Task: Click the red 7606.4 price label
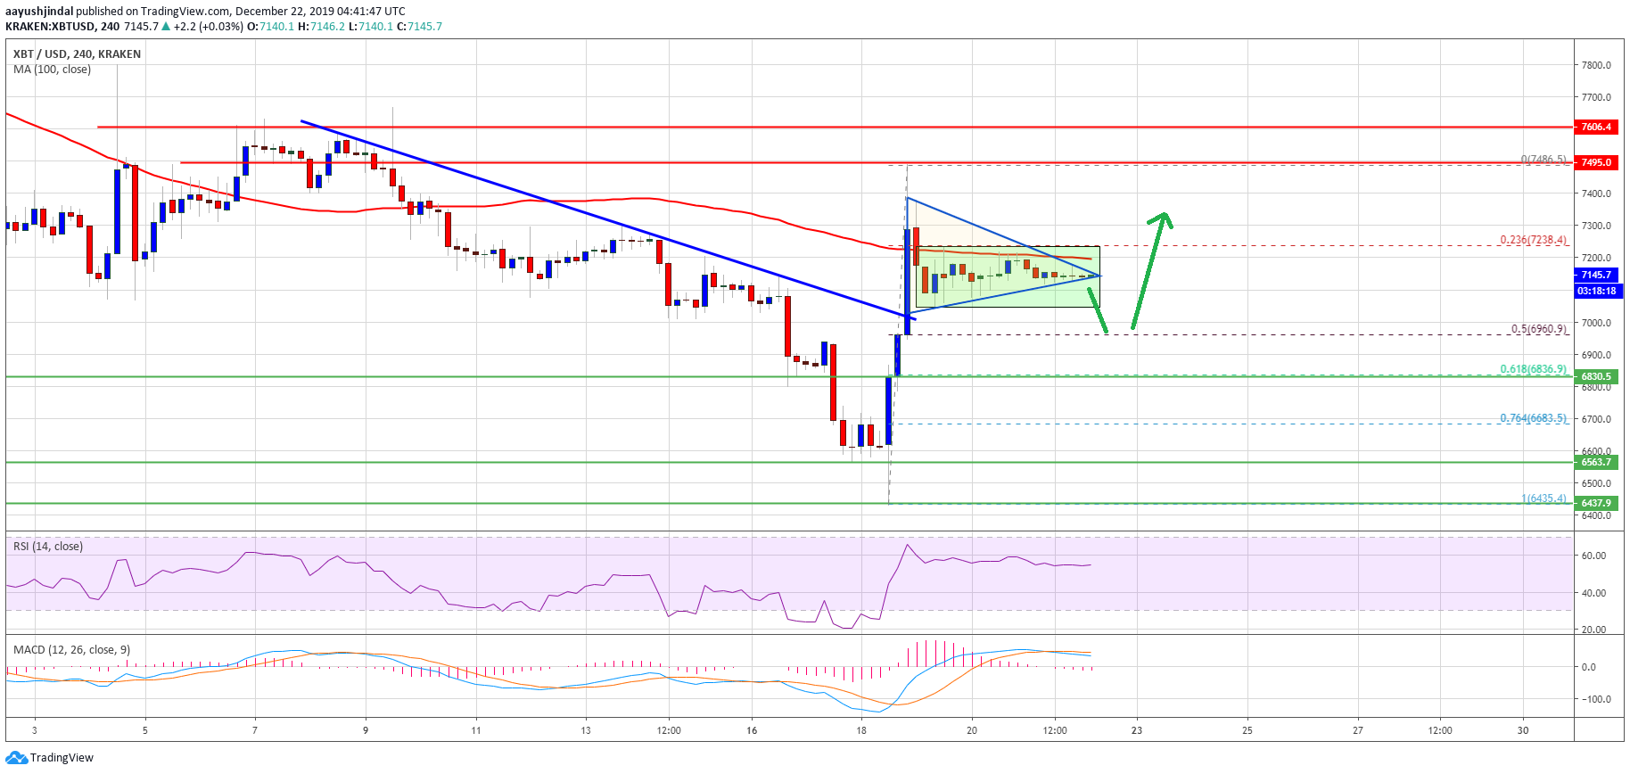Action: pos(1596,127)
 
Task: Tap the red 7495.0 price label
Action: pos(1596,162)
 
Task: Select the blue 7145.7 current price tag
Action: pos(1596,275)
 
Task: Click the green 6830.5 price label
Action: pos(1596,376)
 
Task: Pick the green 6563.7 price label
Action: pos(1596,462)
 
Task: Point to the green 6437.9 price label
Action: pos(1596,503)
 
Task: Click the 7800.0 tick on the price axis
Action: pos(1595,65)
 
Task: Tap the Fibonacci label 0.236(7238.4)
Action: pos(1532,240)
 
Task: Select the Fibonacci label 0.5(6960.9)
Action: pos(1537,329)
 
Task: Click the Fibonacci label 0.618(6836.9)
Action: pos(1532,369)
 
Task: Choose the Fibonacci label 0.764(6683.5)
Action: pos(1532,418)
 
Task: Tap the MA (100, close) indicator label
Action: pos(52,70)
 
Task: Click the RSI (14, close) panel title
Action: pos(48,547)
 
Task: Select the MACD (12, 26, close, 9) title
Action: pos(71,650)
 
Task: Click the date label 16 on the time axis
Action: pos(752,730)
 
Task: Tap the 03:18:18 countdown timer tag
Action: pos(1596,291)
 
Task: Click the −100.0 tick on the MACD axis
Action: pos(1593,699)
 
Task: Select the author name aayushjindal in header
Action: pos(39,12)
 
